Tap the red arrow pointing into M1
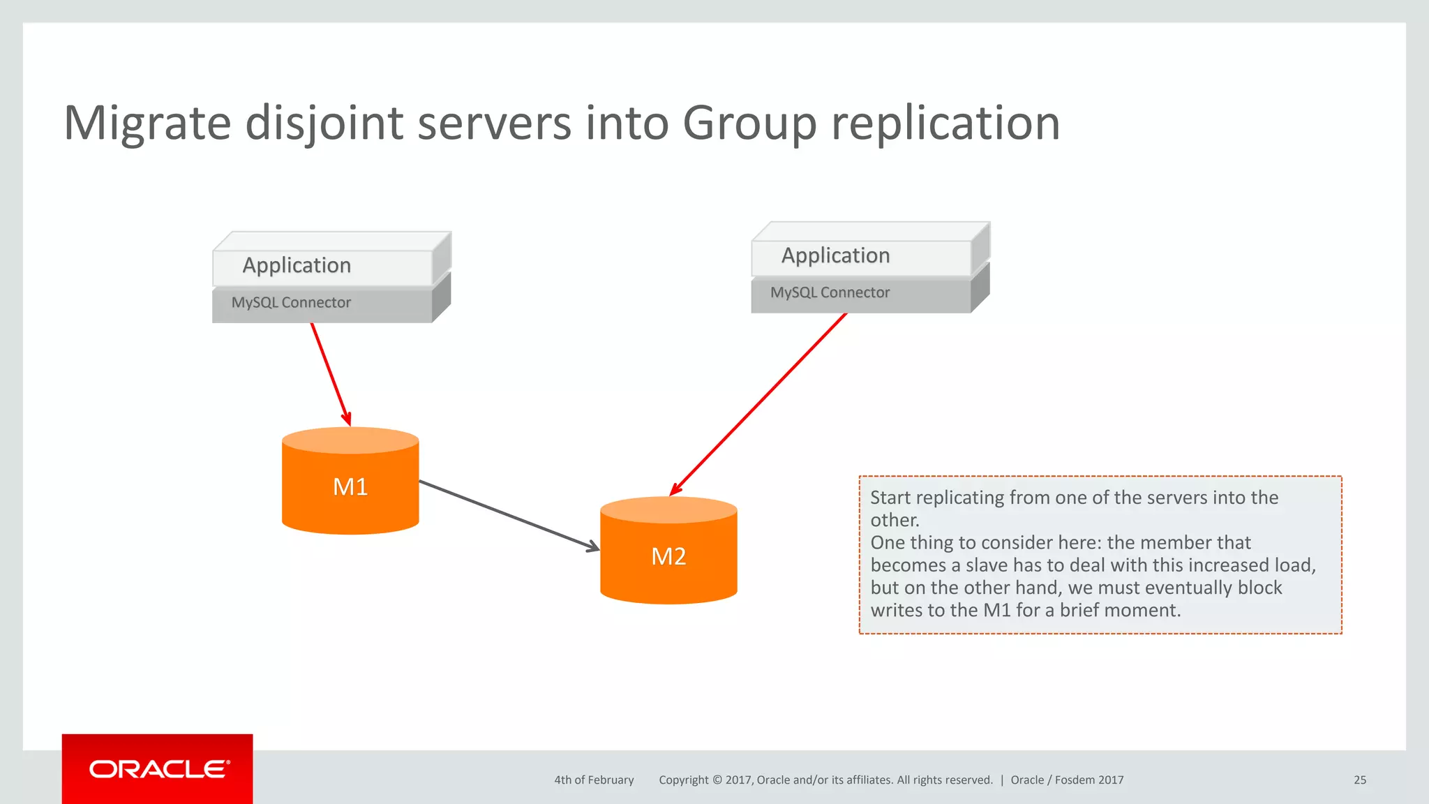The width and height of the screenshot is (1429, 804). pos(330,373)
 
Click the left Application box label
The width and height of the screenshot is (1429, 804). pos(297,265)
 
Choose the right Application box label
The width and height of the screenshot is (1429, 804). pos(835,255)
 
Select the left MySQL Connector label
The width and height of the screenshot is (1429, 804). pos(291,303)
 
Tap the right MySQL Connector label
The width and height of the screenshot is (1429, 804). pos(830,293)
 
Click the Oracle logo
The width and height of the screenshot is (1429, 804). pos(158,769)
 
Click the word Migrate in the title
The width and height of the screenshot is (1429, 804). pos(147,124)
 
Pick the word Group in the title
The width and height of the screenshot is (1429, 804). pos(749,124)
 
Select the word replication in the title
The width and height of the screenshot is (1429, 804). pos(945,124)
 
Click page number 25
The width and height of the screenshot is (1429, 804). pos(1359,780)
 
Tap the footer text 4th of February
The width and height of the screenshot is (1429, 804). pos(594,780)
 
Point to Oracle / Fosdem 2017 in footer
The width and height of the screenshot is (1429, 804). pos(1067,780)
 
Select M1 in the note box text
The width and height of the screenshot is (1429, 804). pos(996,610)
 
